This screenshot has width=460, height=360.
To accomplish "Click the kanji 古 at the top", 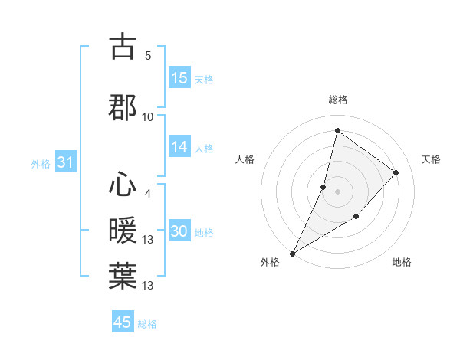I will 123,47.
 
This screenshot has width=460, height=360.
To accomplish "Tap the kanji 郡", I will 123,106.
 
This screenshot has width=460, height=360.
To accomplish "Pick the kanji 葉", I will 123,275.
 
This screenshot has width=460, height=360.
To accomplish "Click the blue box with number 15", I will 179,78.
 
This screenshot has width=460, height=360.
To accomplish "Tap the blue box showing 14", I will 179,147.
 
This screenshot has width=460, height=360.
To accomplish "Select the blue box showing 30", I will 179,231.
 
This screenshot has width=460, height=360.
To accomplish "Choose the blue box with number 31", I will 65,162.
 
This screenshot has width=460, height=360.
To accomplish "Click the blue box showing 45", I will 123,322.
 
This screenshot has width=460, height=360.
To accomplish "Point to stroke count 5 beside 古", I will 148,55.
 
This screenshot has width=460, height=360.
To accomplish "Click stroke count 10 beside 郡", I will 148,116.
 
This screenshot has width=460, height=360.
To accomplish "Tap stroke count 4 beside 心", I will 148,193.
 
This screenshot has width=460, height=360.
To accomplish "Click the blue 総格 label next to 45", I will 147,324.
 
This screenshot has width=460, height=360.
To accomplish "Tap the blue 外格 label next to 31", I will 41,163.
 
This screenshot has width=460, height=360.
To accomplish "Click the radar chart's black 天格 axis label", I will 431,159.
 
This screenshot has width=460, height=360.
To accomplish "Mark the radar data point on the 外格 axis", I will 292,253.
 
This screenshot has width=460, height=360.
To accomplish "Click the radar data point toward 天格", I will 396,172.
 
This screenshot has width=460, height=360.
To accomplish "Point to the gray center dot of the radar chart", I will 337,191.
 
